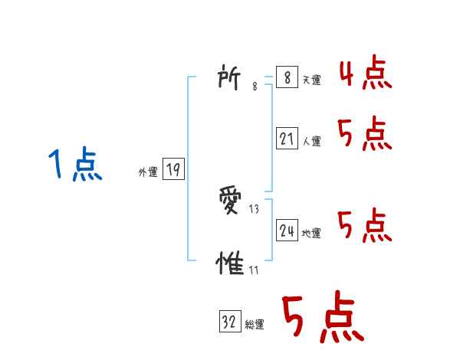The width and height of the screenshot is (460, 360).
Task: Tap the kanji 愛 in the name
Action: pos(232,201)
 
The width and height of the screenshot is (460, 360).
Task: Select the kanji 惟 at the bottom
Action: pos(231,264)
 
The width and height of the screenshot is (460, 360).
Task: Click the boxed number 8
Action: pos(286,78)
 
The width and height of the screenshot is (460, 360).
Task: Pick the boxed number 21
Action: pos(287,139)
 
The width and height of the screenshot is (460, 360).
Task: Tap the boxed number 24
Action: pos(287,231)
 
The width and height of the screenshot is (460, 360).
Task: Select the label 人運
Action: pos(311,141)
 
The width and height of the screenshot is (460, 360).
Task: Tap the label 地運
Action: pos(311,233)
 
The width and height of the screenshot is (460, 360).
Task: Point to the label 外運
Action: pos(148,172)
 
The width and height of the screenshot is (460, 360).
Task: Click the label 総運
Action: pos(255,325)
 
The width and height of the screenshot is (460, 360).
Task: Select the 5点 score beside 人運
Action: pos(365,135)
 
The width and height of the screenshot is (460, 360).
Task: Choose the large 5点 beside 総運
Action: pos(321,318)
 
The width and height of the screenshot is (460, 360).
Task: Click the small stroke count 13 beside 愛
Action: pos(255,208)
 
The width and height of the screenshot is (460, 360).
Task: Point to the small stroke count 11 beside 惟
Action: pos(253,270)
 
